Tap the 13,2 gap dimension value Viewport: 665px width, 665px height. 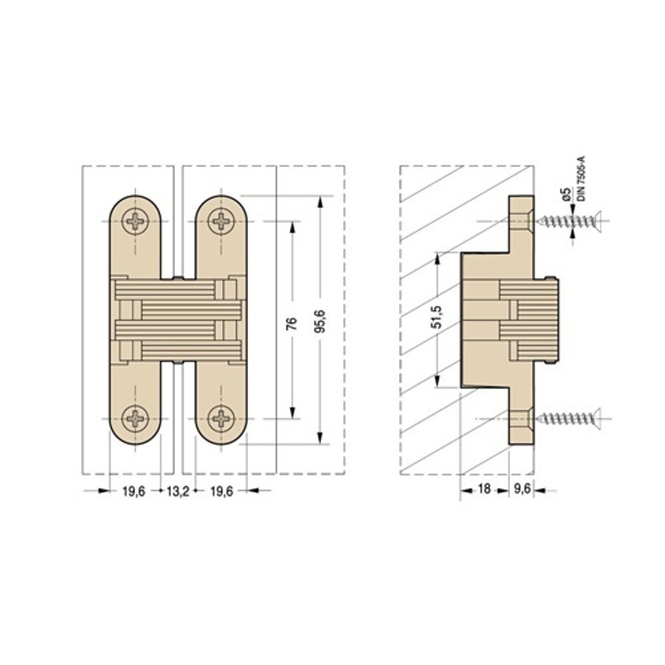tap(178, 491)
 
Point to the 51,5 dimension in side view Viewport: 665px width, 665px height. tap(436, 319)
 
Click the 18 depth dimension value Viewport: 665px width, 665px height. tap(484, 489)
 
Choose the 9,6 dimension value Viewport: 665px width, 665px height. tap(522, 489)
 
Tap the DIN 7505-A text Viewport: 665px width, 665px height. tap(580, 179)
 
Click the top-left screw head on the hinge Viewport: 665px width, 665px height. tap(136, 221)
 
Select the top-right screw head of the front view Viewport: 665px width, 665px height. tap(220, 221)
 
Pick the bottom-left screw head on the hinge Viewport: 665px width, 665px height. tap(136, 418)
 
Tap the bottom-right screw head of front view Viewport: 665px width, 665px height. tap(220, 418)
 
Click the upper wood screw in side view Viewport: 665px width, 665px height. tap(571, 221)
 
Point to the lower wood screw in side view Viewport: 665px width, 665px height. tap(571, 418)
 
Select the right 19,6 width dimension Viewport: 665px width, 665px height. tap(221, 491)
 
